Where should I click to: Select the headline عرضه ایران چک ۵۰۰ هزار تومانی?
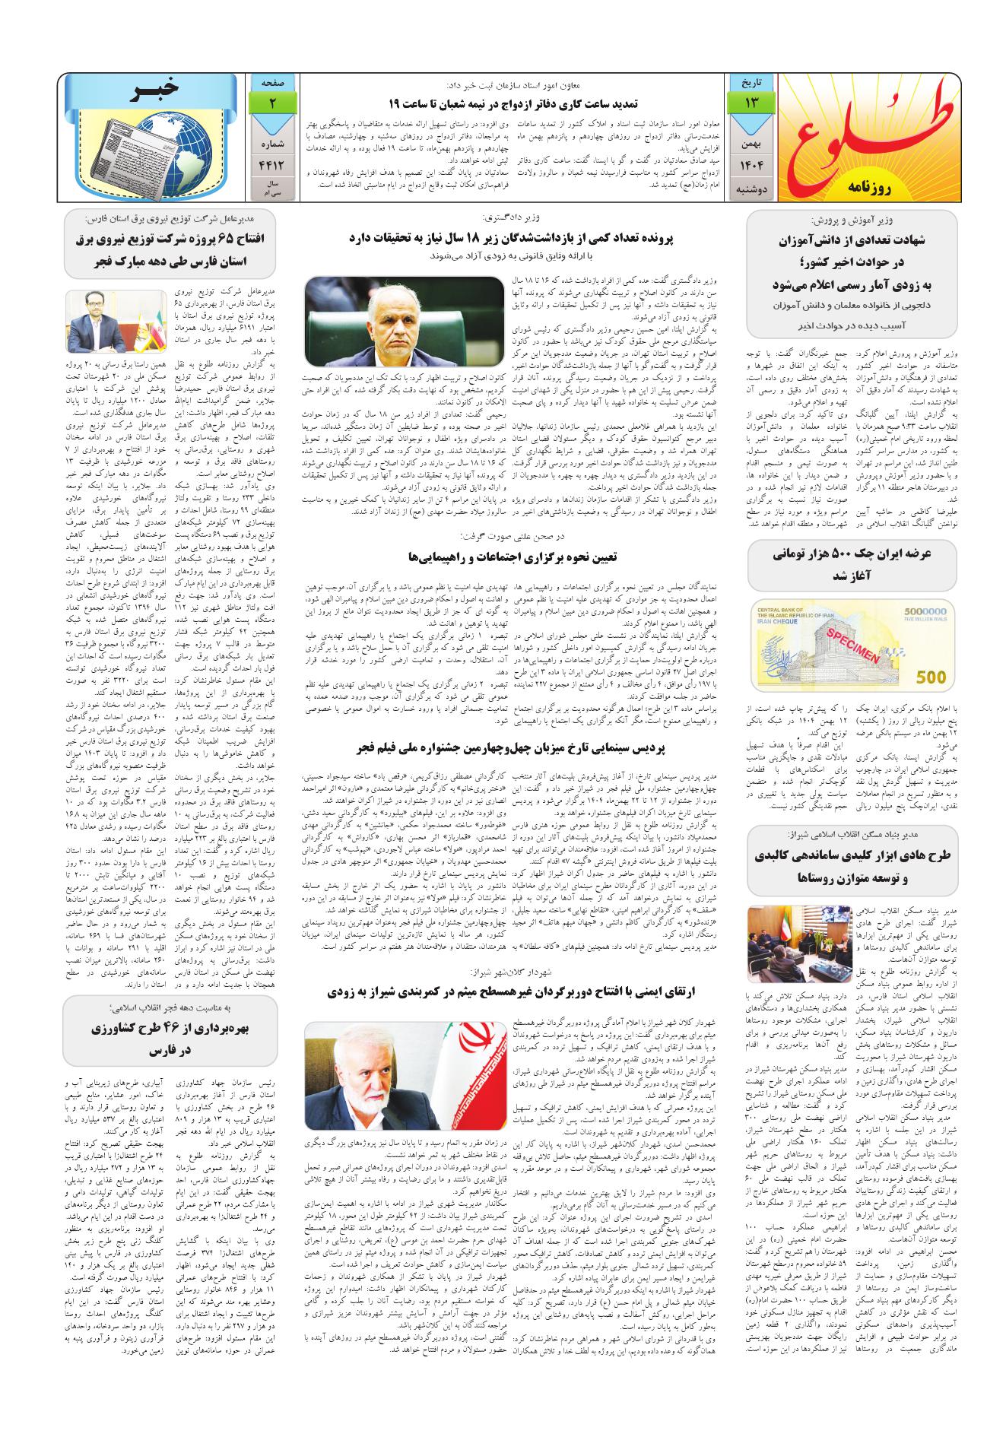tap(852, 565)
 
